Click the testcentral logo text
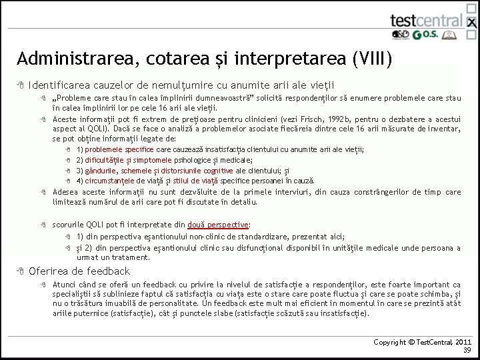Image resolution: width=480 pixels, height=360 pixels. coord(426,19)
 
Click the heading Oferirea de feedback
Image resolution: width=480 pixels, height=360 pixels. coord(79,271)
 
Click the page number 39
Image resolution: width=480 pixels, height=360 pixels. coord(467,350)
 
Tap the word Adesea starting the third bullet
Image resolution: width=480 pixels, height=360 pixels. coord(65,192)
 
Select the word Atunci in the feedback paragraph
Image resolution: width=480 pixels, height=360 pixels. coord(65,284)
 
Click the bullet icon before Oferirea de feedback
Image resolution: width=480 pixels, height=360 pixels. coord(21,271)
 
